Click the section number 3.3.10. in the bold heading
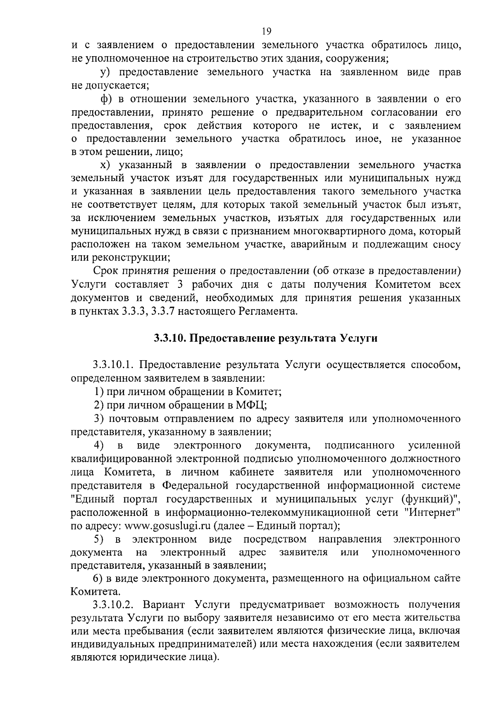pos(169,338)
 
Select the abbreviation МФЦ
pos(251,405)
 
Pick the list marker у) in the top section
pos(105,72)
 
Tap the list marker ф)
pos(107,99)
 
